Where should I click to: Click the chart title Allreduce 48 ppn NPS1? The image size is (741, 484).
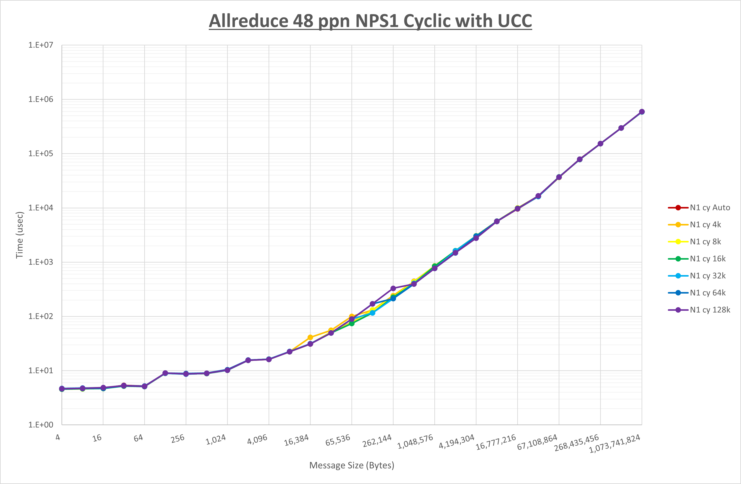click(370, 21)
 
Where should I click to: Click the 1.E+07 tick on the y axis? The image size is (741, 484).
click(41, 45)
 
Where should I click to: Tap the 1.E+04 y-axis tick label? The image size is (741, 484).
click(41, 208)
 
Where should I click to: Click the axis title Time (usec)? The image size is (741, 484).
click(19, 235)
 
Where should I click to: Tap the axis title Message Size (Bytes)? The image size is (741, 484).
click(351, 465)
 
